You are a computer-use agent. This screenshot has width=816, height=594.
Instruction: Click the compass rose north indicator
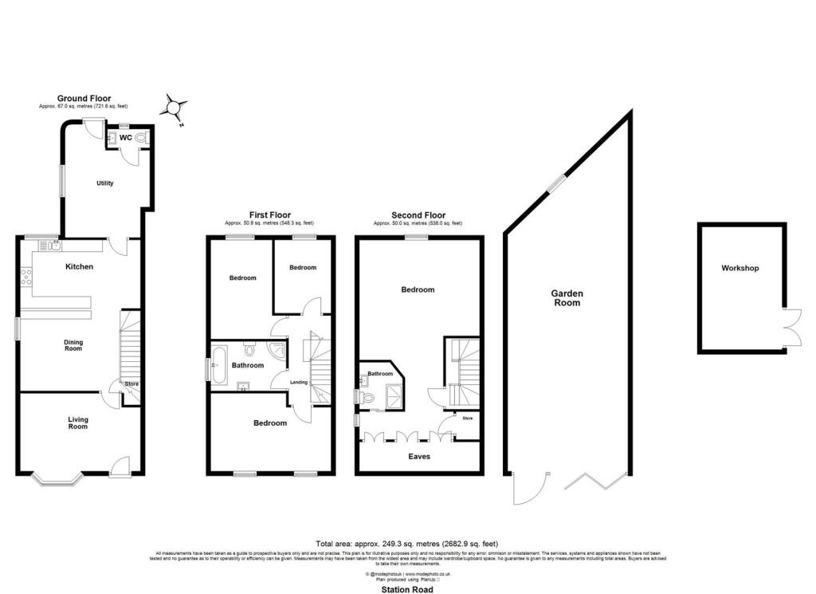click(175, 106)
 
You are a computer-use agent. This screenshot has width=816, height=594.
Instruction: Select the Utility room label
click(104, 183)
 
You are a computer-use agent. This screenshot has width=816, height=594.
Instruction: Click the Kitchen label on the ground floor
click(80, 266)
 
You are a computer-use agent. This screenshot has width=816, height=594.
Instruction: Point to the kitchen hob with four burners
click(25, 277)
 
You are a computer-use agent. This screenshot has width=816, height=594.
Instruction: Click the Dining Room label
click(73, 345)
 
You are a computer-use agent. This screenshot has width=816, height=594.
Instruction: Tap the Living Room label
click(77, 423)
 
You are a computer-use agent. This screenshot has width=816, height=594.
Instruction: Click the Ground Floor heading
click(84, 99)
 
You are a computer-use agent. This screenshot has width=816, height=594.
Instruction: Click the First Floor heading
click(269, 215)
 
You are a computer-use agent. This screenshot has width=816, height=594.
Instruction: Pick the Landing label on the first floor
click(299, 381)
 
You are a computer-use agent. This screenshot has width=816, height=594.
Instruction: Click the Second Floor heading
click(418, 215)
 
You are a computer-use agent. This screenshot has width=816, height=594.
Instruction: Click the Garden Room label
click(567, 298)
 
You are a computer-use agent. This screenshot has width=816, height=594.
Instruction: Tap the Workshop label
click(740, 268)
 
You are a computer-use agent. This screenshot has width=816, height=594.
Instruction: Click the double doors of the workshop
click(790, 327)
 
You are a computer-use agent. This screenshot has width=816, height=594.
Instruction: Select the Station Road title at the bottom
click(407, 589)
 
